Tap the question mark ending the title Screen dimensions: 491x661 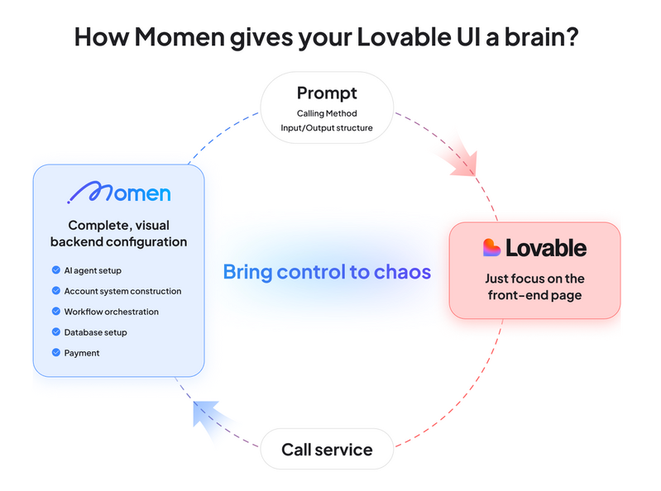coord(578,36)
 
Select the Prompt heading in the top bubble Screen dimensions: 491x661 coord(327,93)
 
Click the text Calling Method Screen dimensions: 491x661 coord(327,113)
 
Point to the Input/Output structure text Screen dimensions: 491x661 coord(327,127)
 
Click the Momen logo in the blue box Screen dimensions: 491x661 coord(118,193)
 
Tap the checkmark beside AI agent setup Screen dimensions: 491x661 coord(55,270)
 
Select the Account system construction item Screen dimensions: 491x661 coord(122,291)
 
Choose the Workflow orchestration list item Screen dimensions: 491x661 coord(111,312)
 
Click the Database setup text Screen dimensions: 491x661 coord(95,332)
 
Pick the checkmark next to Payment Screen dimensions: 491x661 coord(55,353)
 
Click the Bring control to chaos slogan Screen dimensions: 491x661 coord(327,271)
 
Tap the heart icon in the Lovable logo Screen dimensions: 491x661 coord(491,247)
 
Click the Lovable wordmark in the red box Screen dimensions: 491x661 coord(545,247)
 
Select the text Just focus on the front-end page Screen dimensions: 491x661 coord(534,286)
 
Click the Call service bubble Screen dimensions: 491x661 coord(327,450)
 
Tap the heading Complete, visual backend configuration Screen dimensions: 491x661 coord(118,233)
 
